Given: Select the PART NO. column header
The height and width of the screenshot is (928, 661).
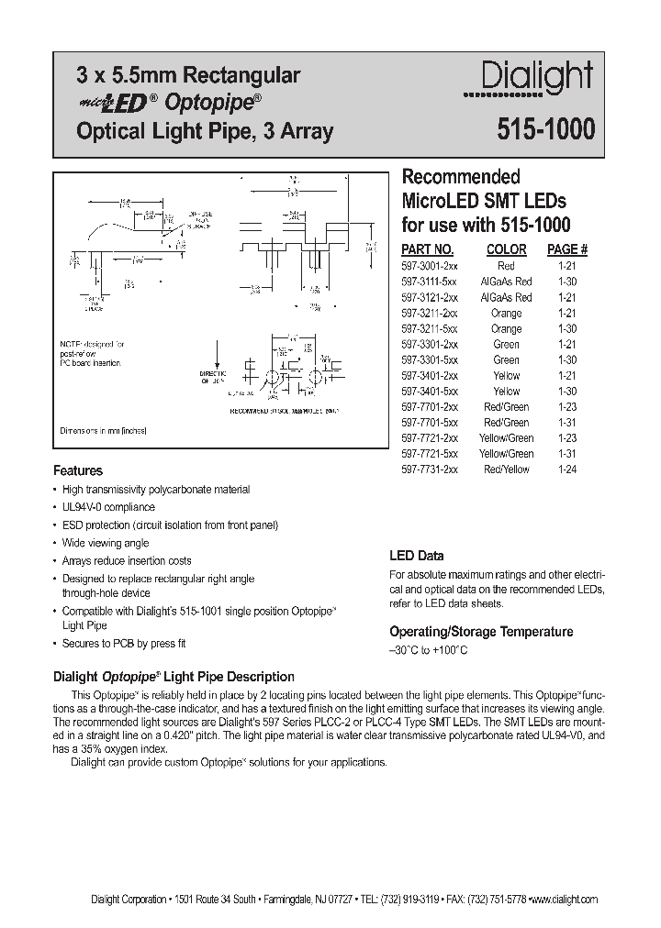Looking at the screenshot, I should click(x=428, y=249).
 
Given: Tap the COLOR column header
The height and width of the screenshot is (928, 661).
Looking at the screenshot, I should click(x=506, y=249).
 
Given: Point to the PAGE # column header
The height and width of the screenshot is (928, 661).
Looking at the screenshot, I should click(x=566, y=249).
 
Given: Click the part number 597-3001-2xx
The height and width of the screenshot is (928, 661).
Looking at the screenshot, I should click(x=430, y=265).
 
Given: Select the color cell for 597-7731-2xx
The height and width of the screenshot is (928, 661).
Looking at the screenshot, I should click(x=506, y=470).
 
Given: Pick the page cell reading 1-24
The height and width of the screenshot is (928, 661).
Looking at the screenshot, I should click(x=566, y=470).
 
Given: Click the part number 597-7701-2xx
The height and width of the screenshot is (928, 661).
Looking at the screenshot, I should click(x=430, y=406).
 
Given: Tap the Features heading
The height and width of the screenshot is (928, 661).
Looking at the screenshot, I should click(x=78, y=471).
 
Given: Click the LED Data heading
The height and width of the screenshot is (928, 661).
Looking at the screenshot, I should click(x=417, y=556).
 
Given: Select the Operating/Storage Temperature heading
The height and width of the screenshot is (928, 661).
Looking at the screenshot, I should click(x=481, y=632).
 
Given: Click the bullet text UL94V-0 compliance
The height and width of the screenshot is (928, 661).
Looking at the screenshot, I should click(x=108, y=507).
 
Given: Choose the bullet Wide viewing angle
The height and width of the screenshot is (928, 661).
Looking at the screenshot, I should click(x=106, y=543).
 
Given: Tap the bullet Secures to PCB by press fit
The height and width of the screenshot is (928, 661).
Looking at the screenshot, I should click(x=124, y=644).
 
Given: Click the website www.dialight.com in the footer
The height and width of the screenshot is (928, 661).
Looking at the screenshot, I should click(x=565, y=900).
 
